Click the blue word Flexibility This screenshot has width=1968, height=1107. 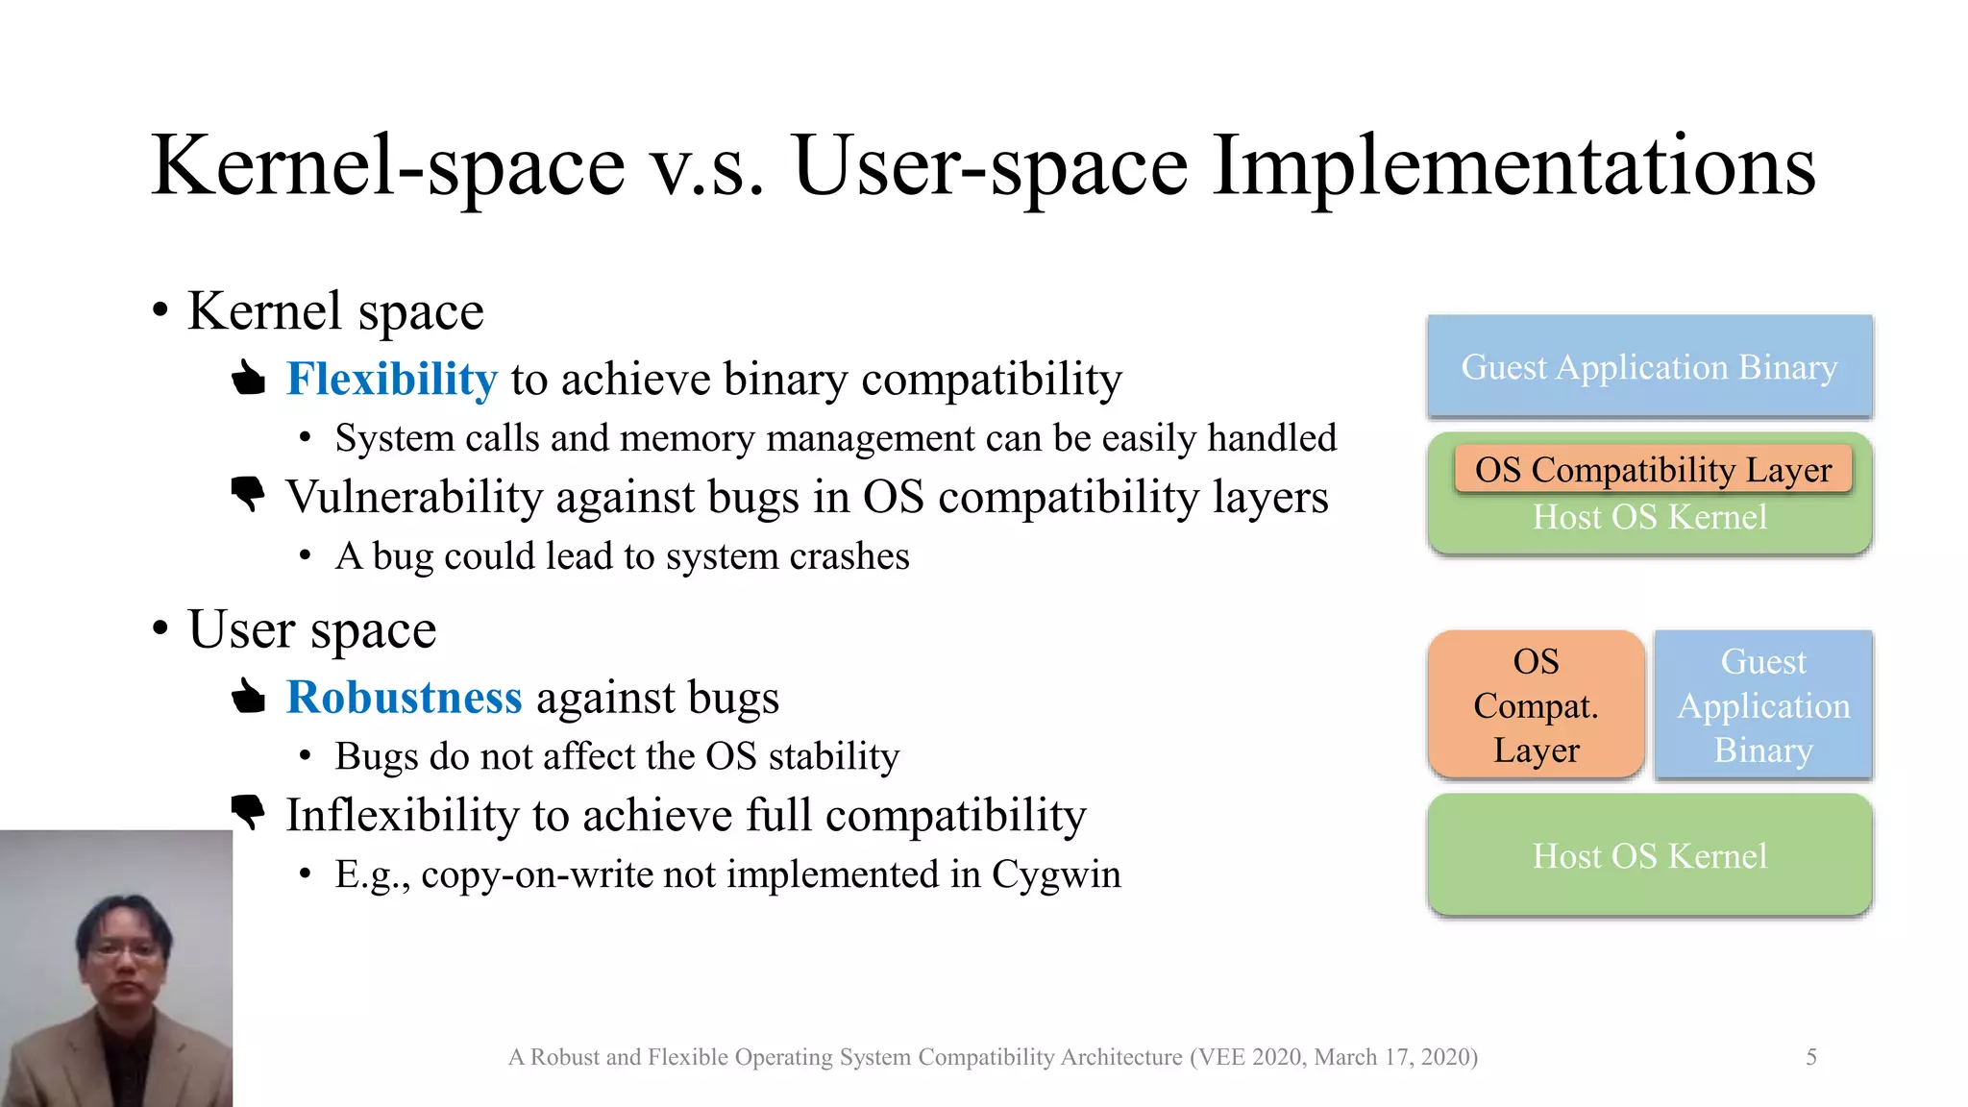(391, 379)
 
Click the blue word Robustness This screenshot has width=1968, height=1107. (404, 698)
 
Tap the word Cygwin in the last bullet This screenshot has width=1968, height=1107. (1055, 874)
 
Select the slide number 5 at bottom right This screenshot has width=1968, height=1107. (1810, 1057)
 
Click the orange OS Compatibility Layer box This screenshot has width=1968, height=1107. (1653, 470)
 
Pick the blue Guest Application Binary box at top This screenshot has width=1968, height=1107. (1649, 367)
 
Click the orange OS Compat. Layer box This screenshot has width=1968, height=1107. (1536, 705)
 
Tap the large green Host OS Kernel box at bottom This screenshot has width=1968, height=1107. (1649, 855)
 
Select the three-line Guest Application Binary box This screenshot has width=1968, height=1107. (1763, 705)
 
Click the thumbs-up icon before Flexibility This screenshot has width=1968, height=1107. (249, 379)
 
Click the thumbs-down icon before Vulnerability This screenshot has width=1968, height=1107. (249, 494)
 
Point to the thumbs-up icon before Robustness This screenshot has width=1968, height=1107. (249, 697)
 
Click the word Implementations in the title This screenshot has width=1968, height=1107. (1513, 166)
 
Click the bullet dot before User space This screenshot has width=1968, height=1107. (160, 629)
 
